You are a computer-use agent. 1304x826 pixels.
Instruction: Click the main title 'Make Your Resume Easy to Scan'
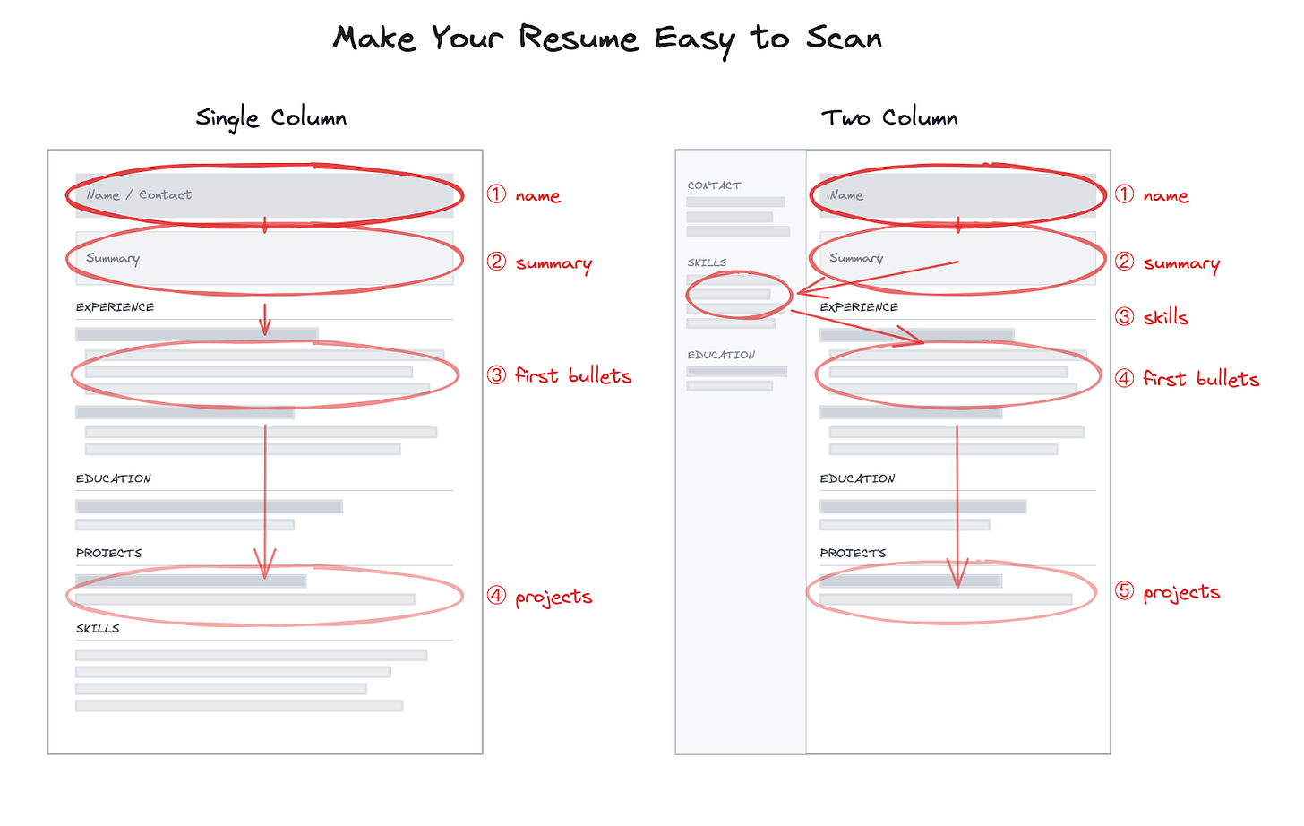pos(607,38)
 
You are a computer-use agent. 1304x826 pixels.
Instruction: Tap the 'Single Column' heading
pos(270,117)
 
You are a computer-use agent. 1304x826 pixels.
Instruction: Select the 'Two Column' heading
pos(889,117)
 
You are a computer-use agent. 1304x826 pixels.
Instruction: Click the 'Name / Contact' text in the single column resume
pos(139,194)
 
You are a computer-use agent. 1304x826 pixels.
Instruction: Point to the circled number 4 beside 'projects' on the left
pos(496,596)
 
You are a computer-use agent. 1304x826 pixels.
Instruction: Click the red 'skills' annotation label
pos(1165,317)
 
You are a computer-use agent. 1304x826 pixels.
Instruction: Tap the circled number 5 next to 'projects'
pos(1124,591)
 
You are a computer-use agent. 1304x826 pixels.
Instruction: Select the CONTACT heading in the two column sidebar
pos(714,185)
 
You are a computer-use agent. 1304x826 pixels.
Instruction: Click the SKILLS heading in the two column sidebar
pos(707,262)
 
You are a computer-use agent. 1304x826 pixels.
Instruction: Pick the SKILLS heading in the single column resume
pos(98,628)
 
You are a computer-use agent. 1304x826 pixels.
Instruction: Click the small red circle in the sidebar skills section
pos(739,294)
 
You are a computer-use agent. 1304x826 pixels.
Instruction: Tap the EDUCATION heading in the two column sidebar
pos(721,355)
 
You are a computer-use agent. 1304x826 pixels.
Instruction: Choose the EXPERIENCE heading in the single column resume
pos(115,307)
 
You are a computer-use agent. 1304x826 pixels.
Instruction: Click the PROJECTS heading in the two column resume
pos(853,553)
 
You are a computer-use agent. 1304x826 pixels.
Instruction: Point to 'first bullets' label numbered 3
pos(572,375)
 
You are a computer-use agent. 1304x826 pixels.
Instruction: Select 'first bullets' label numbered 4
pos(1200,379)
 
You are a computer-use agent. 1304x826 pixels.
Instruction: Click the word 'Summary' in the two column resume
pos(856,258)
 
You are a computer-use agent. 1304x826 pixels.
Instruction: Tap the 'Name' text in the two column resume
pos(846,194)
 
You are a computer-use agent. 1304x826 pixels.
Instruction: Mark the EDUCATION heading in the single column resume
pos(114,478)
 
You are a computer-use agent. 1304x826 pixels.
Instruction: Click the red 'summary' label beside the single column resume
pos(553,263)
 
